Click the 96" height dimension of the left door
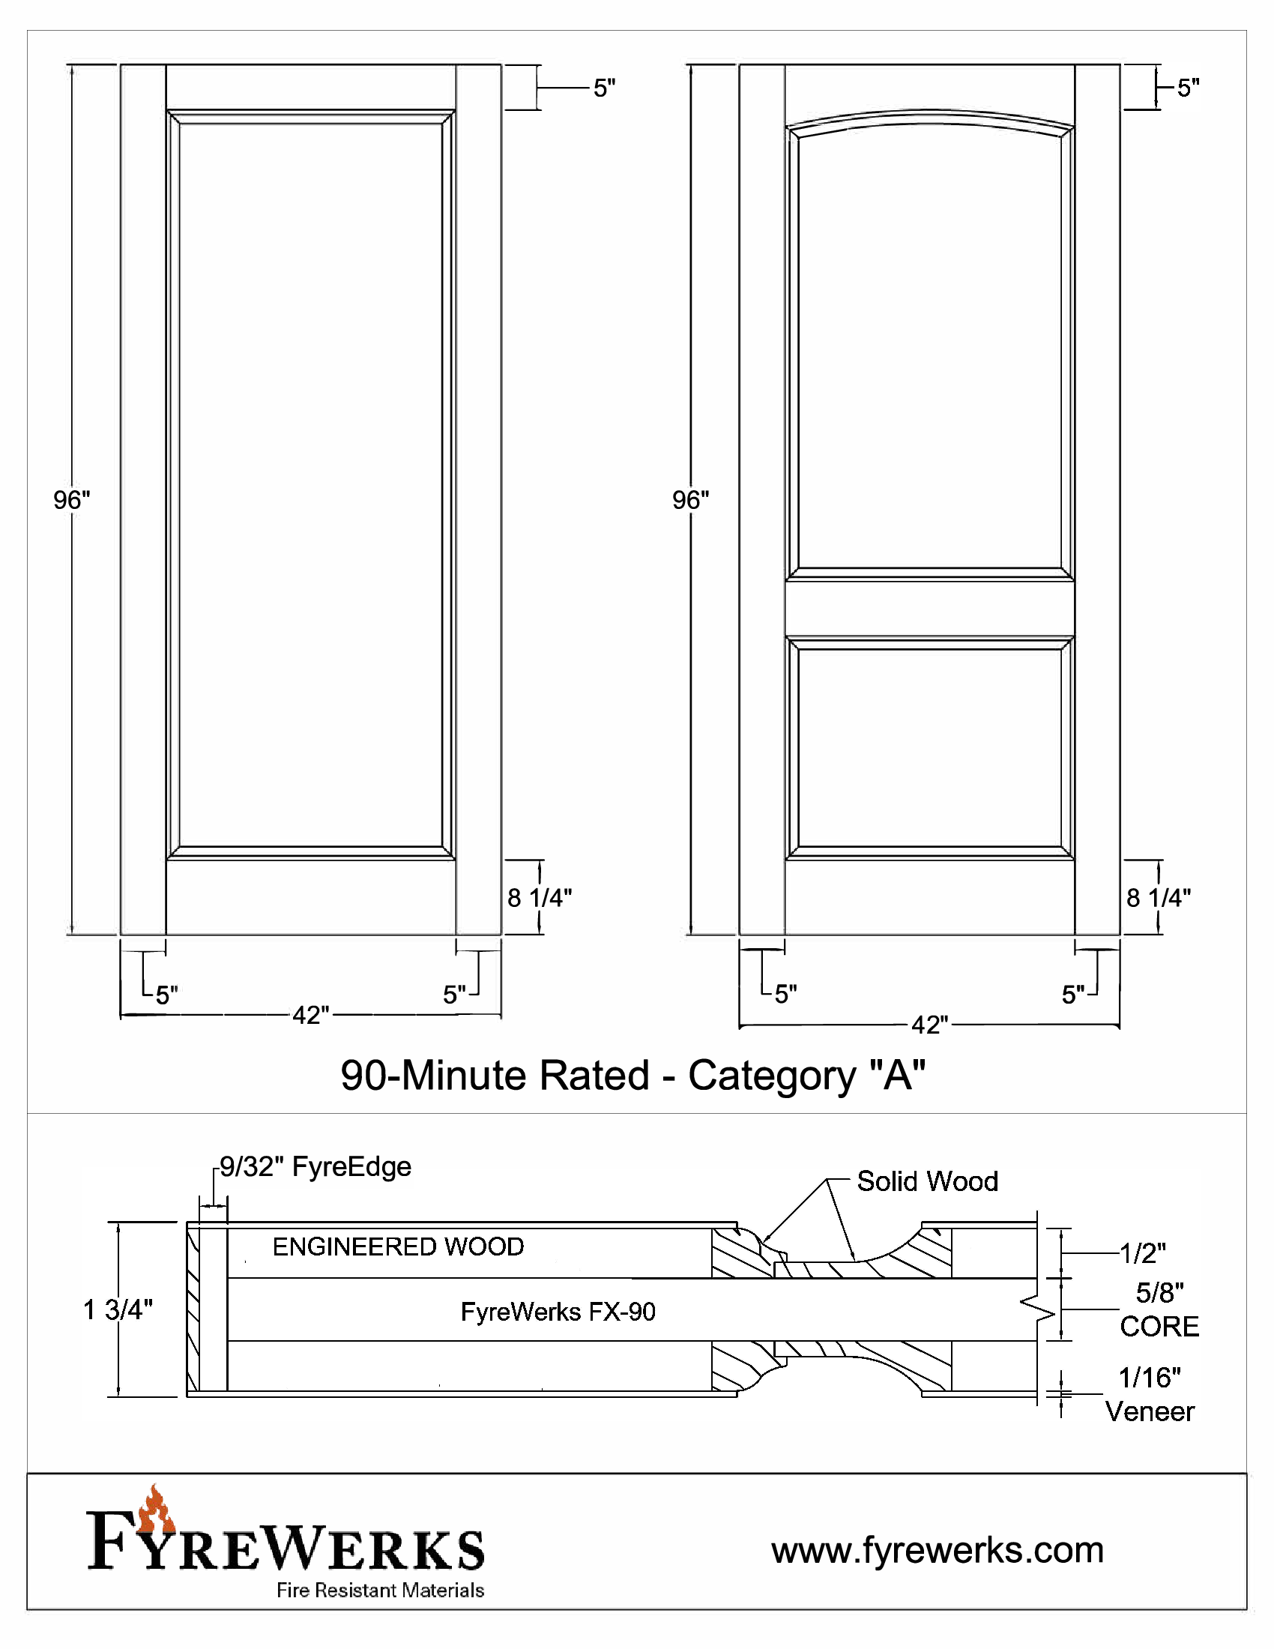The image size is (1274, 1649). point(72,500)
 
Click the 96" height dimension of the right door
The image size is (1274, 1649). point(691,500)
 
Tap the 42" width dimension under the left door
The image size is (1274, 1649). point(311,1015)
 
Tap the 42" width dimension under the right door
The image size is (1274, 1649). point(930,1025)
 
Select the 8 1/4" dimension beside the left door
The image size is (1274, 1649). point(540,898)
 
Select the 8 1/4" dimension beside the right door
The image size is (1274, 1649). point(1159,898)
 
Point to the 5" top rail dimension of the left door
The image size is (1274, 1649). point(604,88)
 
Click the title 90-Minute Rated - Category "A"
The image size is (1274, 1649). point(633,1075)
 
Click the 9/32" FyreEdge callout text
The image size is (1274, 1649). point(316,1166)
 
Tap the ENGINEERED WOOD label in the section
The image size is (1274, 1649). point(398,1246)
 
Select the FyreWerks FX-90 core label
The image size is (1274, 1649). point(558,1312)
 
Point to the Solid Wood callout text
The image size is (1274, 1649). point(928,1181)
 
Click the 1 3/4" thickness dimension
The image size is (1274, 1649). point(118,1310)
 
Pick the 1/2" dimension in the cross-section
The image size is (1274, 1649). point(1143,1253)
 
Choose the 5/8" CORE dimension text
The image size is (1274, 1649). point(1159,1310)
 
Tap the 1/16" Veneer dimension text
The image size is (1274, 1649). point(1150,1395)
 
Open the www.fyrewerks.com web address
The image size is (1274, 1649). point(938,1550)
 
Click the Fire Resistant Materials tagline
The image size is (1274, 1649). point(381,1591)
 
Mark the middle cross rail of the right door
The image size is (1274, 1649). point(929,609)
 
